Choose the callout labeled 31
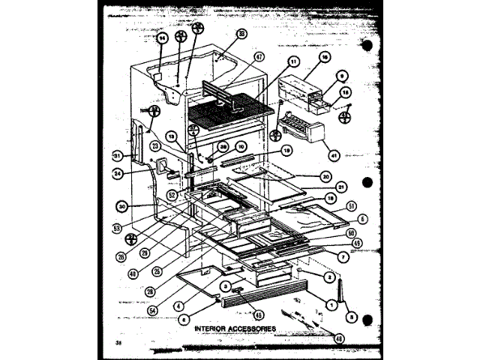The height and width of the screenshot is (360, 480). click(x=117, y=156)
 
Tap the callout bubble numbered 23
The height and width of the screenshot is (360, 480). click(x=156, y=146)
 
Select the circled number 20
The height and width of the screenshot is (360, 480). click(x=325, y=178)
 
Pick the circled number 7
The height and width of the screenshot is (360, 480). click(x=342, y=257)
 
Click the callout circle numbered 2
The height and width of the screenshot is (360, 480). click(x=328, y=276)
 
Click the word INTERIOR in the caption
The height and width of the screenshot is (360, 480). click(x=214, y=328)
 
